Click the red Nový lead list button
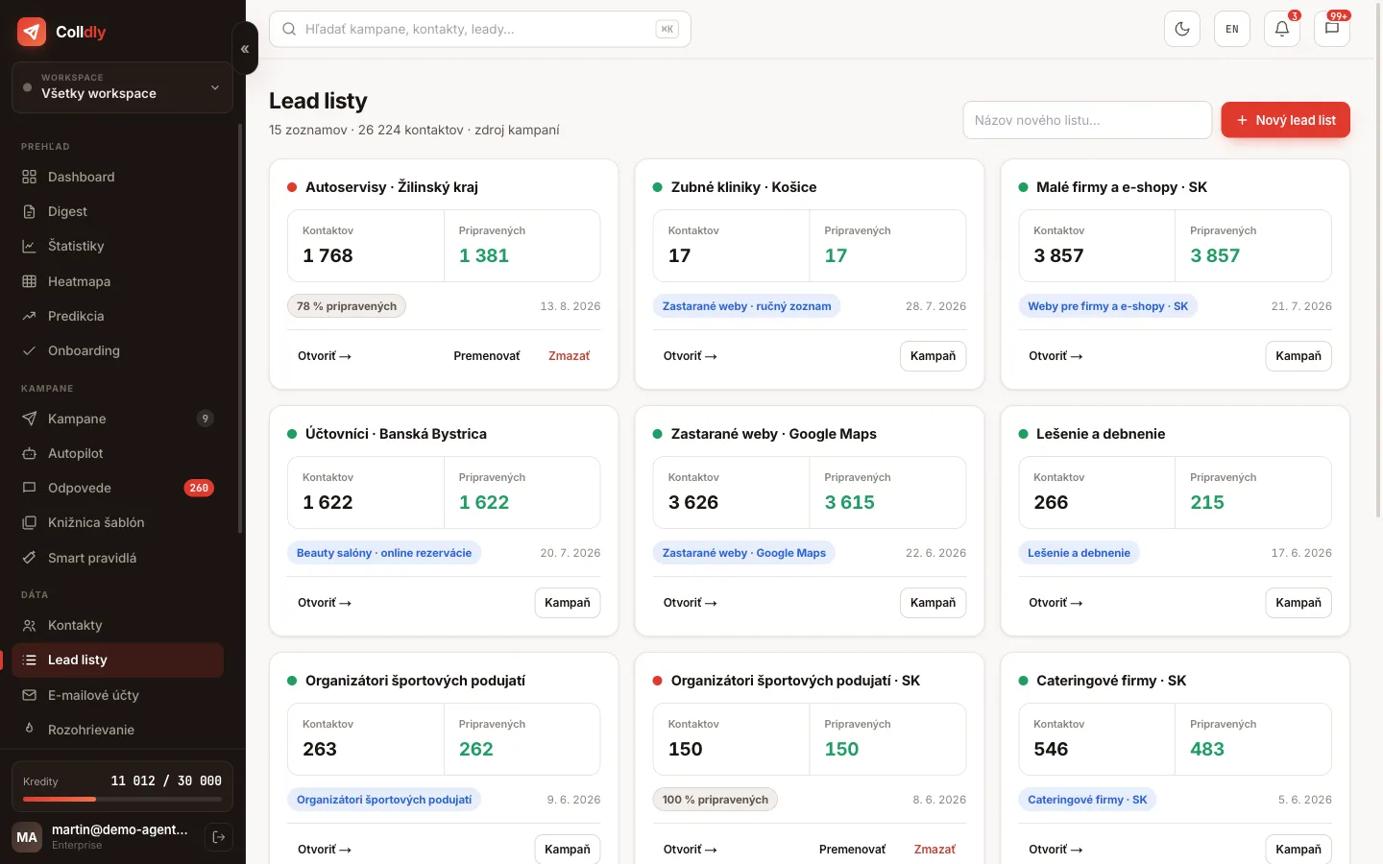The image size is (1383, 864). point(1285,120)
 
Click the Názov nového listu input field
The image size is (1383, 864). point(1086,120)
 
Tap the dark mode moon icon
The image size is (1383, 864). point(1181,29)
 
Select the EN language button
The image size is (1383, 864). point(1231,29)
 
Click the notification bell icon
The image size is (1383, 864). point(1282,29)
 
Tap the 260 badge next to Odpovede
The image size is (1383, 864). point(199,488)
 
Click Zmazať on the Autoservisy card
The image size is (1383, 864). point(569,355)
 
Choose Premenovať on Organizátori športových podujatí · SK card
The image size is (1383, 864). point(852,850)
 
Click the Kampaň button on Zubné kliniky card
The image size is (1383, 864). point(933,355)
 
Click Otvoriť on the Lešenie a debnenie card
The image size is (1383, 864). point(1055,602)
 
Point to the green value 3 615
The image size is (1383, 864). point(849,502)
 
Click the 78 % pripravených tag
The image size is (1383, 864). point(346,305)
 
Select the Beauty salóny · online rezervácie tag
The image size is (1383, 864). point(383,552)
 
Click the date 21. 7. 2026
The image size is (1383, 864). point(1300,305)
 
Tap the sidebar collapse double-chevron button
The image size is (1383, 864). point(245,48)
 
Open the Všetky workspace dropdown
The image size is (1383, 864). point(122,87)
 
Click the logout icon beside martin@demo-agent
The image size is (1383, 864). point(219,837)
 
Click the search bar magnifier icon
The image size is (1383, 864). point(289,29)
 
